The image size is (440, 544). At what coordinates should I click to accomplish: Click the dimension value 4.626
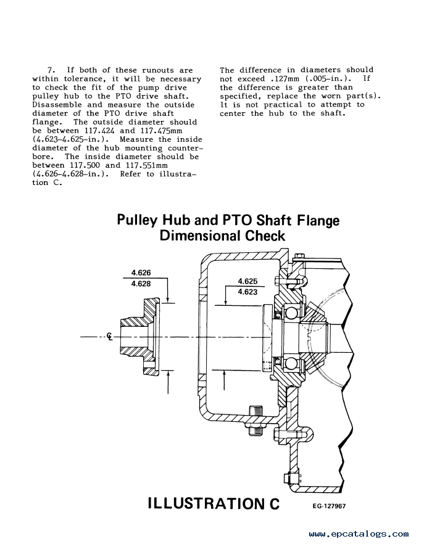click(x=141, y=273)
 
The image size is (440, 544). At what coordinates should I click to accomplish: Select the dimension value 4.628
click(x=141, y=284)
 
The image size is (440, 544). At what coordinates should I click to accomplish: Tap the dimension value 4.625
click(x=247, y=281)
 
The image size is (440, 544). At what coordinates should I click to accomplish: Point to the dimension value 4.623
click(x=247, y=292)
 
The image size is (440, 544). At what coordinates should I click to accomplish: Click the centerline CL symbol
click(x=110, y=337)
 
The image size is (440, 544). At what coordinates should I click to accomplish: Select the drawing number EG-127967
click(x=329, y=506)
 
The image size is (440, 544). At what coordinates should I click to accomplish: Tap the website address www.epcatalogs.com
click(x=359, y=534)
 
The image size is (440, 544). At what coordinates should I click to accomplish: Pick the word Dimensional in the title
click(x=199, y=236)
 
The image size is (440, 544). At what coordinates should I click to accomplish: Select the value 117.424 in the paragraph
click(x=99, y=131)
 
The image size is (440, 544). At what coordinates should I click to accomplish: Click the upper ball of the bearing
click(x=291, y=312)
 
